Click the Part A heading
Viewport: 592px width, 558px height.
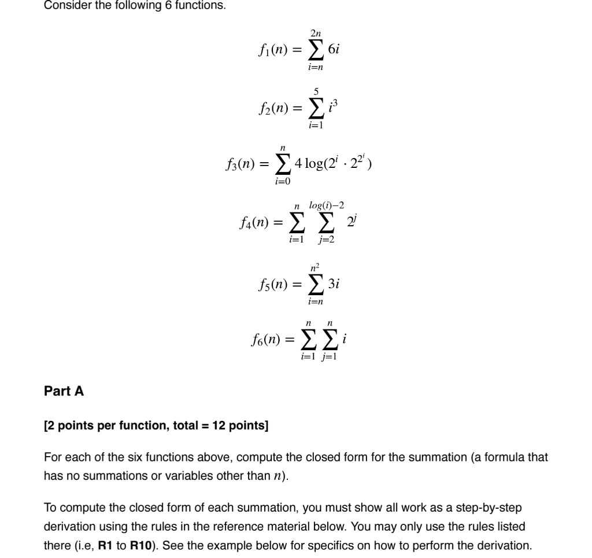[64, 391]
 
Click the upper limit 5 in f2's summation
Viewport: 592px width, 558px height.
[314, 90]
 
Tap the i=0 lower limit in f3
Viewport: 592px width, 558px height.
[283, 182]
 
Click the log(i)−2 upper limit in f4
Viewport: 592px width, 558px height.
[328, 206]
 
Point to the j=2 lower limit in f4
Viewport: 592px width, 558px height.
[327, 240]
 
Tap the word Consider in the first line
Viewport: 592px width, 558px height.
[65, 6]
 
